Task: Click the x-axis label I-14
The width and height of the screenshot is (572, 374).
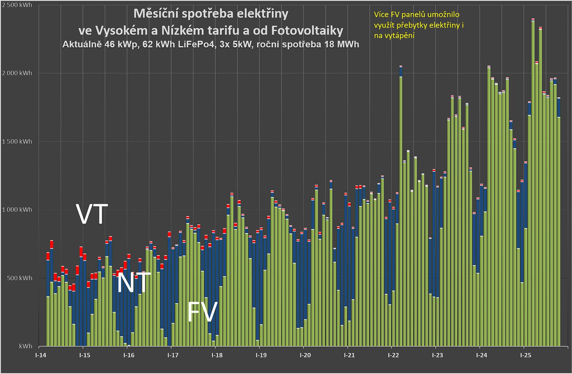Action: pos(41,355)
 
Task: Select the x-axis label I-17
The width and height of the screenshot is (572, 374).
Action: pos(173,355)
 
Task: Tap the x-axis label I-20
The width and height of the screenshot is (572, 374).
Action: pos(305,355)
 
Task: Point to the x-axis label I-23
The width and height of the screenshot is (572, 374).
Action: pos(437,355)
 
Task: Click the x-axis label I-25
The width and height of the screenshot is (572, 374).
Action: pos(526,355)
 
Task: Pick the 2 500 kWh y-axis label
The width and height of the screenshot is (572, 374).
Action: pos(17,5)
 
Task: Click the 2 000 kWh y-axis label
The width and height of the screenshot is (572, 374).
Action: pos(17,73)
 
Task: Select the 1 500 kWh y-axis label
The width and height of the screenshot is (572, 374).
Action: pos(17,142)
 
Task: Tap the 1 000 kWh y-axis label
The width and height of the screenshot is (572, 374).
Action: pos(17,210)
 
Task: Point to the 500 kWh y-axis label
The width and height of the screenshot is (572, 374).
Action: pos(20,278)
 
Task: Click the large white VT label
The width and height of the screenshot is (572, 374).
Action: pos(92,214)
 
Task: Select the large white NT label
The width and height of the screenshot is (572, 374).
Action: pos(133,283)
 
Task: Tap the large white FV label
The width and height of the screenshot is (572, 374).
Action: pos(203,312)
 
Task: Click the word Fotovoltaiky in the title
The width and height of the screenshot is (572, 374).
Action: pos(307,31)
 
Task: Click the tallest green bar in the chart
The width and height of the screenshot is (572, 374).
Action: pos(533,184)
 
